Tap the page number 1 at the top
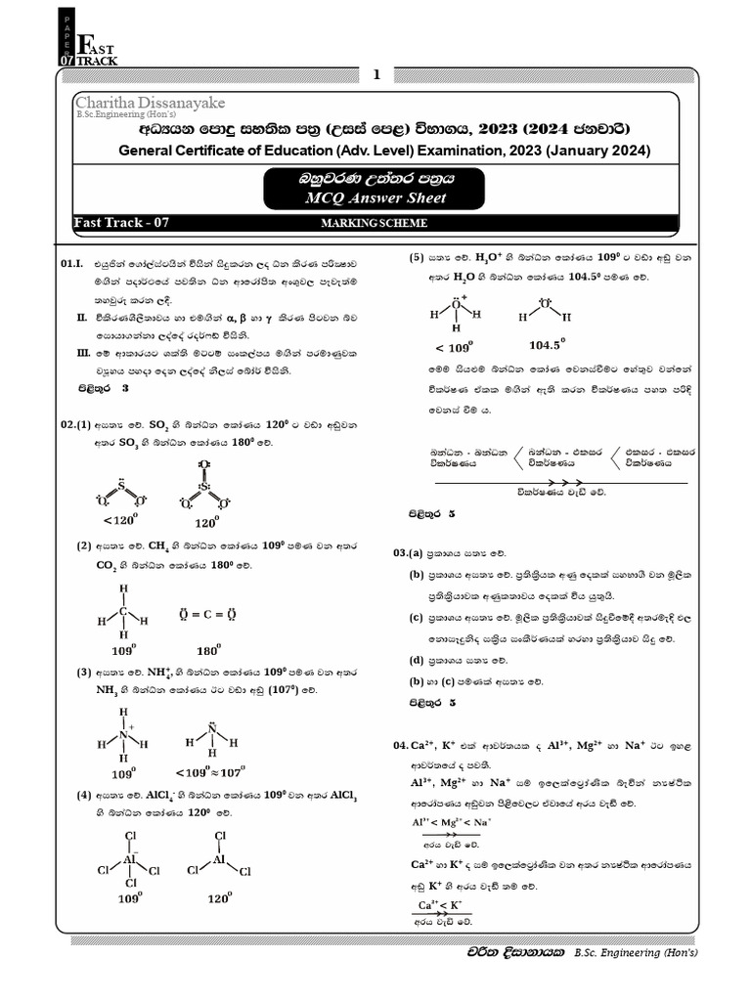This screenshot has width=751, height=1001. click(x=375, y=74)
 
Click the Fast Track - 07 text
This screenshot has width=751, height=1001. click(x=122, y=223)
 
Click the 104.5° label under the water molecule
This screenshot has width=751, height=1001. click(x=548, y=345)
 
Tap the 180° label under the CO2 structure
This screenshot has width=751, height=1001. click(x=208, y=648)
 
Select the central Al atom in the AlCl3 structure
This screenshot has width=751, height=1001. click(x=219, y=860)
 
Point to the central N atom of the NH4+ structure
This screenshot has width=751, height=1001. click(x=123, y=736)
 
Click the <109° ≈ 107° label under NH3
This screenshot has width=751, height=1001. click(x=210, y=770)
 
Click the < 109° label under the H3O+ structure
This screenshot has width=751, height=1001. click(x=454, y=347)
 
